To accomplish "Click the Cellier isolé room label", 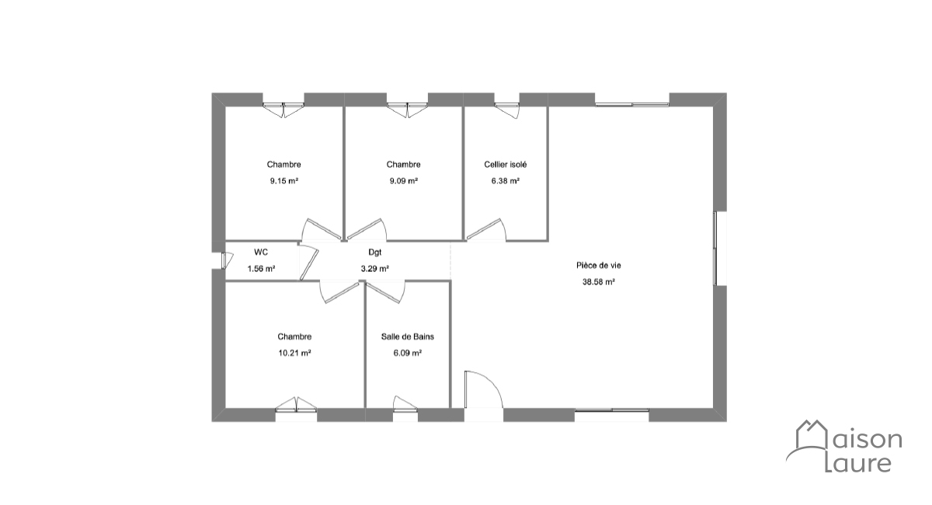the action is [505, 165].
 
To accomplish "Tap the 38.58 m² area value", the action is [599, 282].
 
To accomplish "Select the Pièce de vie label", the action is [598, 265].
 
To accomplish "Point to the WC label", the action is [261, 252].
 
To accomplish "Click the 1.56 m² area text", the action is [261, 269].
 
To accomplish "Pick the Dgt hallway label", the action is [375, 252].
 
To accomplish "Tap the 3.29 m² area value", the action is [375, 269].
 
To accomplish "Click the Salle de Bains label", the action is [407, 336].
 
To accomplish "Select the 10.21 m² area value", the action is [294, 353].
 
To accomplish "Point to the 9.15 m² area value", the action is [283, 181].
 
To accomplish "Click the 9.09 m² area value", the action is [403, 181].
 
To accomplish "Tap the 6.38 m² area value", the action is [505, 181].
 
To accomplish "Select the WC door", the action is [310, 263].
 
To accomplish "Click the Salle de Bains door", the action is [384, 293].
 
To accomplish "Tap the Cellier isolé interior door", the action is [485, 230].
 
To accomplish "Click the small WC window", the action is [224, 260].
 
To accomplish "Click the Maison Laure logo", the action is [845, 447].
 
